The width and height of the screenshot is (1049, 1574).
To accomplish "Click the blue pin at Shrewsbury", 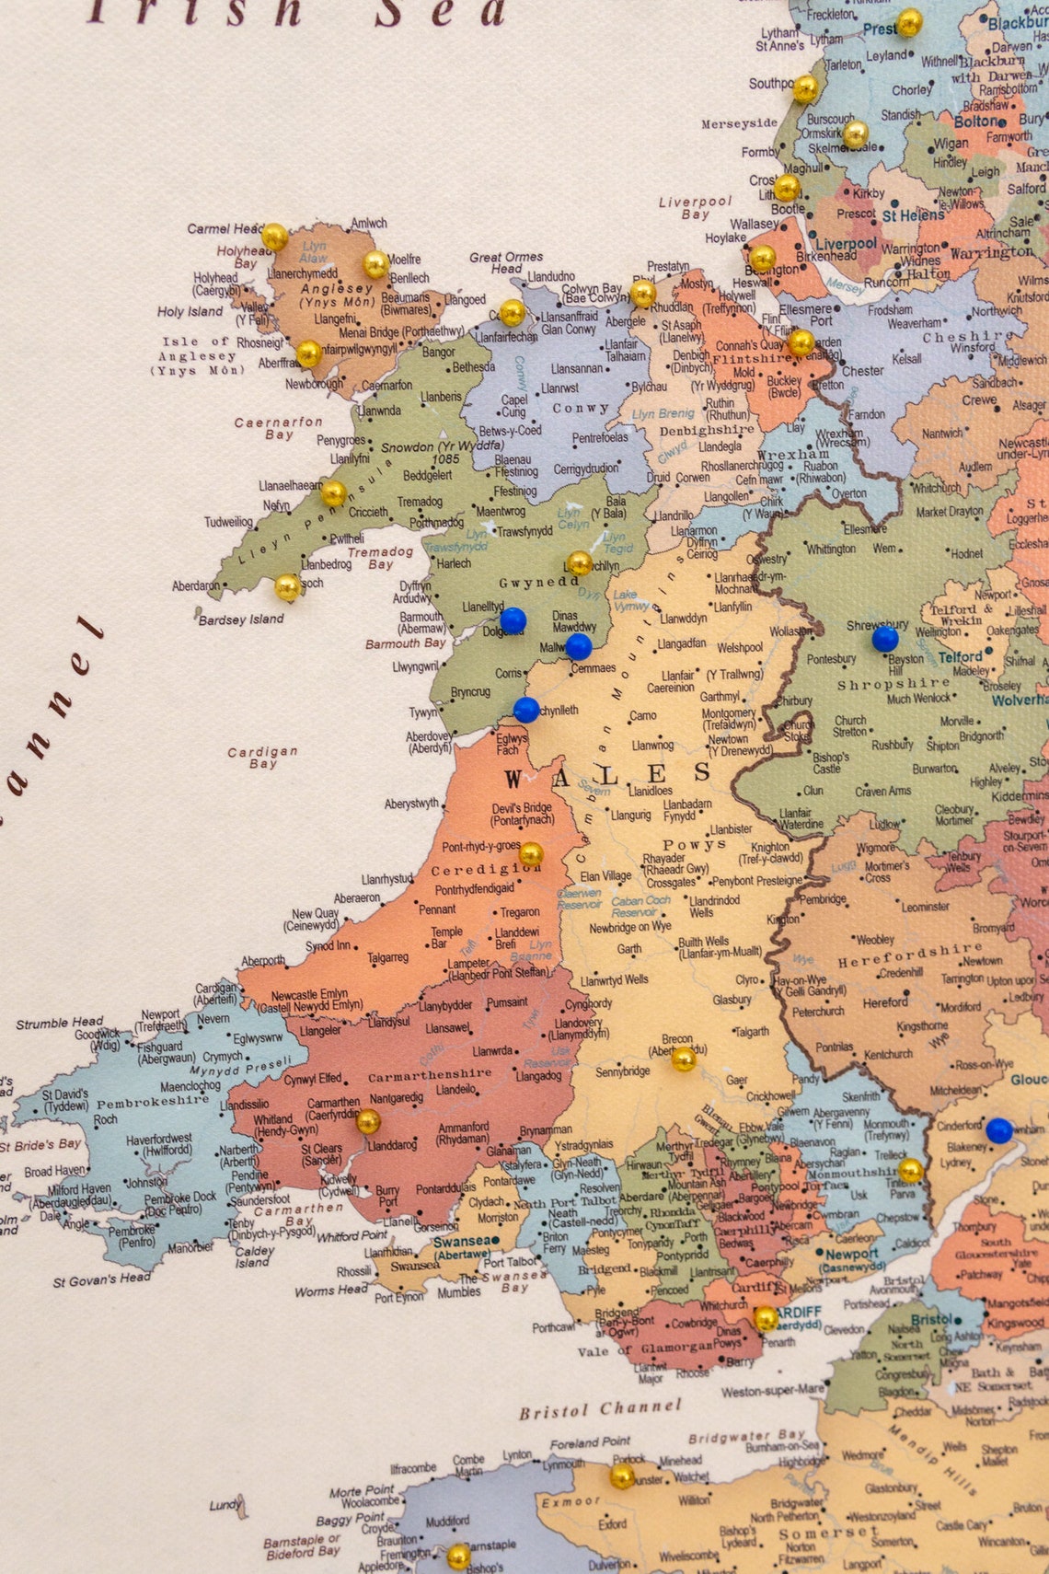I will point(884,638).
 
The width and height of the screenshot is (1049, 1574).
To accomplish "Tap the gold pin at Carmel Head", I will point(274,237).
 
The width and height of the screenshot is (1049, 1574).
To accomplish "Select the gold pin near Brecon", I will point(683,1059).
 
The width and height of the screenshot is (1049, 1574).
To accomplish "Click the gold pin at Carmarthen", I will point(368,1121).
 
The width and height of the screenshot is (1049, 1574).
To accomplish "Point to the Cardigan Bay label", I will point(263,758).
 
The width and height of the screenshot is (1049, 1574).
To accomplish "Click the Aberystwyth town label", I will point(411,804).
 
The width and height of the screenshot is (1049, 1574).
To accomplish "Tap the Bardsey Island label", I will point(241,619).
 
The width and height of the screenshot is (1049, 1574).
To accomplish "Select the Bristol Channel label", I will point(600,1409).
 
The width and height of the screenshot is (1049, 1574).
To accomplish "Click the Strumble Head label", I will point(60,1023).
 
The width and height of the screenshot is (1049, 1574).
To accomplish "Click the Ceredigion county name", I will point(485,870).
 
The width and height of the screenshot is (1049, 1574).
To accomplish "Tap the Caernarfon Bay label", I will point(279,428).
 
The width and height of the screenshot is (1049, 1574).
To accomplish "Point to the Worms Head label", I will point(331,1291).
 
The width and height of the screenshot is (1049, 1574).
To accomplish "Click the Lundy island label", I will point(225,1505).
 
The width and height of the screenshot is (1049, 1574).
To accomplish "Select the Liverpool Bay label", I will point(695,207).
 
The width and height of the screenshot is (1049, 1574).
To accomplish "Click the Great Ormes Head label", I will point(506,262).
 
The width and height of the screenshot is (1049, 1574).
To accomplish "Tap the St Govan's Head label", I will point(101,1280).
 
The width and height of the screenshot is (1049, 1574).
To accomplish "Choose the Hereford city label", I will point(885,1002).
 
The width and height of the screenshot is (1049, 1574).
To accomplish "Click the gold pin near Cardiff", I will point(766,1318).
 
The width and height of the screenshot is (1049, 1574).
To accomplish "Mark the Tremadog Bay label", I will point(380,558).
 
